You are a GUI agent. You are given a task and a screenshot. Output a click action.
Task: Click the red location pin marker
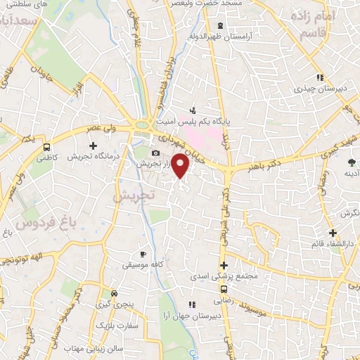click(x=181, y=166)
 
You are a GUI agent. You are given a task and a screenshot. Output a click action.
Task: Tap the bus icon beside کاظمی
click(x=46, y=148)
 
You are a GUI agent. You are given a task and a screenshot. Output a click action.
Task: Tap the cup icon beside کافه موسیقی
click(x=143, y=254)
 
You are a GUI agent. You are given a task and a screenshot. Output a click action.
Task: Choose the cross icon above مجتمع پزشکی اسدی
click(x=224, y=266)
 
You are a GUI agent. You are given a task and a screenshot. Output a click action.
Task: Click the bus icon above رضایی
click(x=224, y=288)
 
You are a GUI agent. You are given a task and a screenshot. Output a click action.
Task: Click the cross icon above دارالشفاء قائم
click(x=333, y=233)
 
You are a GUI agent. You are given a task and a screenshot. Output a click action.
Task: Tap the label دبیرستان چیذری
click(x=316, y=89)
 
